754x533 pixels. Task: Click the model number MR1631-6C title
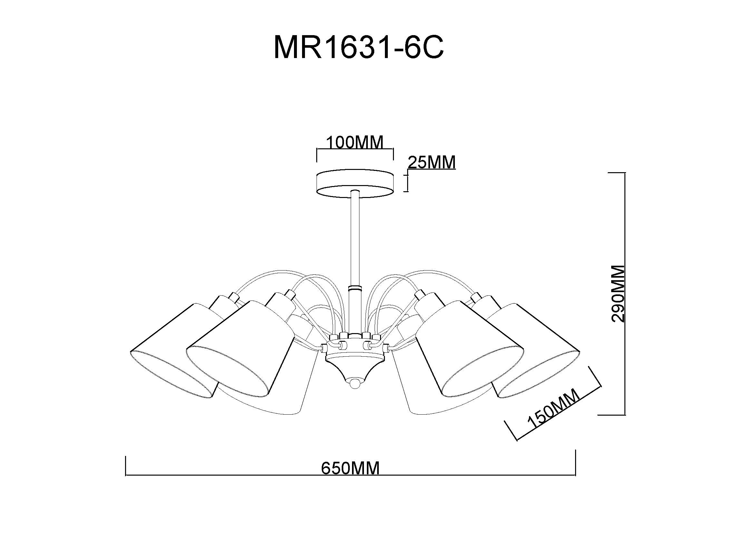pyautogui.click(x=358, y=48)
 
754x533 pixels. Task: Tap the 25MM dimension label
pyautogui.click(x=432, y=162)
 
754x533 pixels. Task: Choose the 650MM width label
pyautogui.click(x=350, y=468)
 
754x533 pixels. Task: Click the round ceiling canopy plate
pyautogui.click(x=355, y=184)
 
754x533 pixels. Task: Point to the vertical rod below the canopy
pyautogui.click(x=355, y=236)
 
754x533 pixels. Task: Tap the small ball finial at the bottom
pyautogui.click(x=354, y=383)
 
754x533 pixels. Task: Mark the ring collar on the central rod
pyautogui.click(x=355, y=288)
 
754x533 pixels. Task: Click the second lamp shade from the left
pyautogui.click(x=240, y=345)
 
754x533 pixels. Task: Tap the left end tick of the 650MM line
pyautogui.click(x=126, y=465)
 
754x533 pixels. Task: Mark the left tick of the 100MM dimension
pyautogui.click(x=317, y=155)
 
